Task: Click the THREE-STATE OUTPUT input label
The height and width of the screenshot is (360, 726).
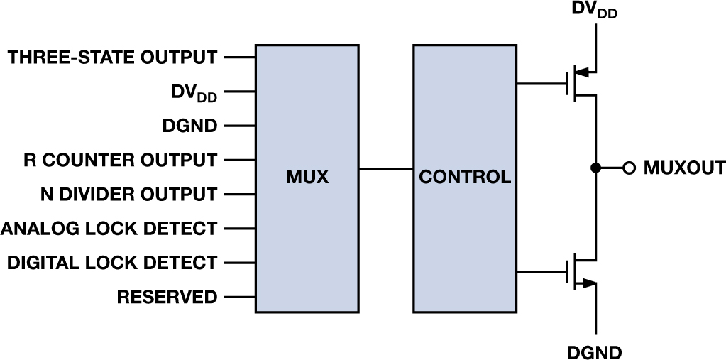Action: click(112, 58)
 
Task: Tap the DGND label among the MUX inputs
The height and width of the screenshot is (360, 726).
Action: click(189, 126)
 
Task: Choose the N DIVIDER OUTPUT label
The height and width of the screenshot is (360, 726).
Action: click(121, 194)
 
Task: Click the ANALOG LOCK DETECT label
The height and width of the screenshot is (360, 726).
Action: click(109, 229)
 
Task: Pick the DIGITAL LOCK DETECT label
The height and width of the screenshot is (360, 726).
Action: click(112, 263)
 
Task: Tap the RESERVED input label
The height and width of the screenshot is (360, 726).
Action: click(167, 297)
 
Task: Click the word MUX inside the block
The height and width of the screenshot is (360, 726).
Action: click(307, 177)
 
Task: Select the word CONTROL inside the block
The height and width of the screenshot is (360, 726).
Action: click(465, 177)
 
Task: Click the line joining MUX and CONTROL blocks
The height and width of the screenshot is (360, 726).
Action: click(385, 169)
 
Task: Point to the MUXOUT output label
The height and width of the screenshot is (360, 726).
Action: click(684, 169)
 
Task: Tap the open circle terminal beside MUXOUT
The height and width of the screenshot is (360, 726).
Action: click(628, 168)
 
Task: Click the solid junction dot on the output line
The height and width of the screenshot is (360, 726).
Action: click(596, 168)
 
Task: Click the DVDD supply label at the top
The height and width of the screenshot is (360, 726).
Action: click(594, 10)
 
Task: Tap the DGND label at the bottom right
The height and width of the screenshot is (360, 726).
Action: click(595, 351)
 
